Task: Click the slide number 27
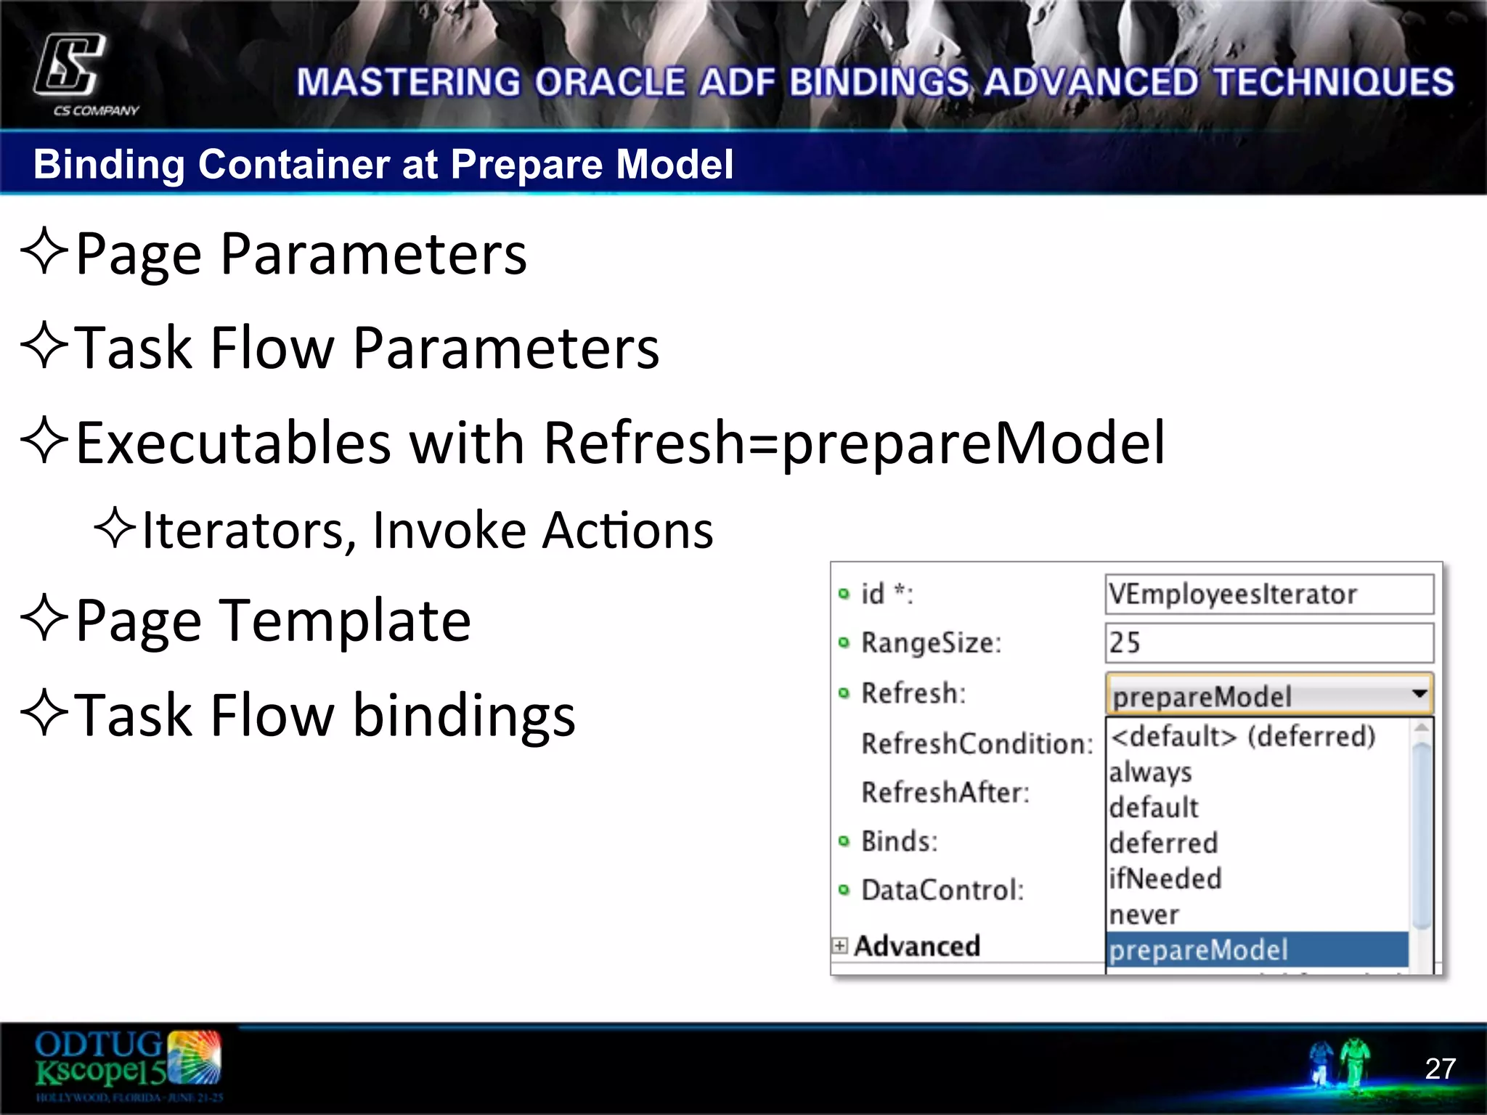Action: pos(1440,1068)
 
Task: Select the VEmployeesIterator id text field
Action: pos(1268,595)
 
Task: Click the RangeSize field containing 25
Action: pos(1268,643)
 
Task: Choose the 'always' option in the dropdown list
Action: pos(1151,772)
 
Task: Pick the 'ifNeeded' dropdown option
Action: pos(1165,879)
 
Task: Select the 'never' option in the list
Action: pos(1144,915)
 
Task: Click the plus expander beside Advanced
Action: pos(840,945)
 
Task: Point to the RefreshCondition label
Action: pos(977,743)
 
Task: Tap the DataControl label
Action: pos(942,890)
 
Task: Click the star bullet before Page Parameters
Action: pos(44,251)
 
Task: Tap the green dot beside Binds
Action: pos(843,841)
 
